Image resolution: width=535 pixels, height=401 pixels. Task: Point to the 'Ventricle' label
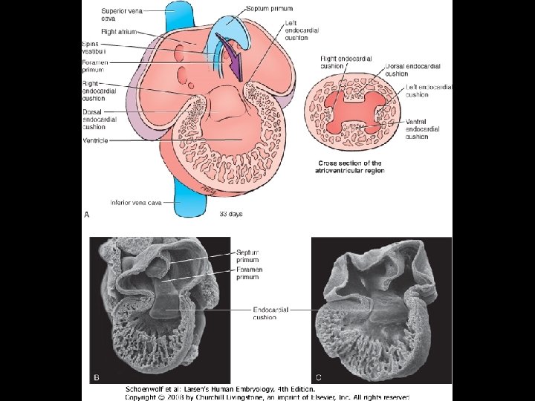[96, 140]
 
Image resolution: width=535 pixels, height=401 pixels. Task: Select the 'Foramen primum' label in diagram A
[96, 67]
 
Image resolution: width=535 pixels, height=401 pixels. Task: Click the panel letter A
[87, 215]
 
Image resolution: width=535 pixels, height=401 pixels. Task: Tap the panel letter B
[96, 377]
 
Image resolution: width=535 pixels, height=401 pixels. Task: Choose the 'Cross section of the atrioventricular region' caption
[351, 167]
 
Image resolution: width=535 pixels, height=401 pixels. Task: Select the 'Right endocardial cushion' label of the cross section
[343, 62]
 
